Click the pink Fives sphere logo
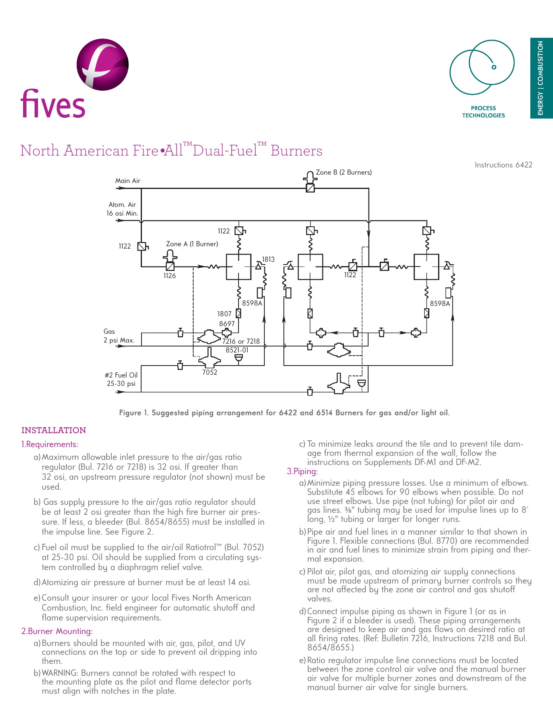103,64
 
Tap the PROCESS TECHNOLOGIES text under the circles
483,112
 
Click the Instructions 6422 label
503,165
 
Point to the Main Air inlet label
128,181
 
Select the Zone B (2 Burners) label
343,172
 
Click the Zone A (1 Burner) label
192,244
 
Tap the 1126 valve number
169,276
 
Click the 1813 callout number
268,259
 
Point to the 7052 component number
210,372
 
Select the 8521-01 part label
237,350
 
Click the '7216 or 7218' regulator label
241,341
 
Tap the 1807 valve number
224,314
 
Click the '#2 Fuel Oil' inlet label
121,375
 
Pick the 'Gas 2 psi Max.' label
118,336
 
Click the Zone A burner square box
239,267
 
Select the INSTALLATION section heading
54,430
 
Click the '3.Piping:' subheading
302,471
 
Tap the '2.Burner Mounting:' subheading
57,631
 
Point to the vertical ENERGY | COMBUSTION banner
541,78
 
